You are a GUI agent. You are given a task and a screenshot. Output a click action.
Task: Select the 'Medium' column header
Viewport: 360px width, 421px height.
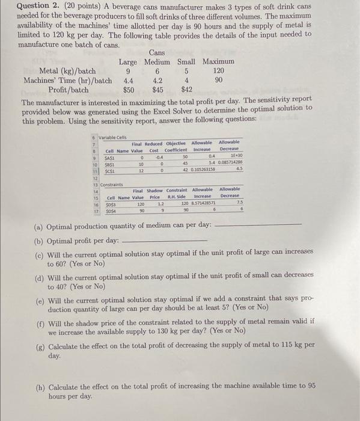tap(157, 62)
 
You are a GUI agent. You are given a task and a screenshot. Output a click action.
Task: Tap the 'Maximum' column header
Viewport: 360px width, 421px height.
tap(218, 62)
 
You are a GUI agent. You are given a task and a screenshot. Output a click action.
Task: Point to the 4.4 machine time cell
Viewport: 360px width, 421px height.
tap(128, 81)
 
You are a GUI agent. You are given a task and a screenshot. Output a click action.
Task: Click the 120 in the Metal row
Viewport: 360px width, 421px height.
tap(219, 71)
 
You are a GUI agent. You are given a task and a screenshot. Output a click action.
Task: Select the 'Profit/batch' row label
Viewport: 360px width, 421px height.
tap(68, 90)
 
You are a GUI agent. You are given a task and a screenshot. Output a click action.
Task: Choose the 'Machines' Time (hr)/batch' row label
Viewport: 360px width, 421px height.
tap(67, 81)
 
